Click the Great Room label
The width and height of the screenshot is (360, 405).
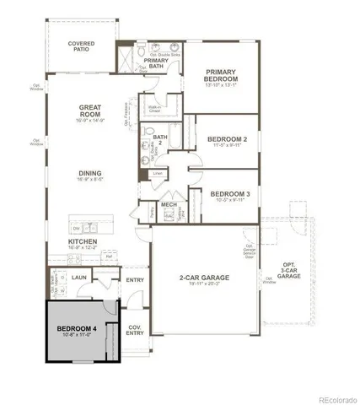[x=90, y=110]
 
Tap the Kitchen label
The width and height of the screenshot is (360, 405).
[x=83, y=242]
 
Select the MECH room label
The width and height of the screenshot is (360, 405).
[x=169, y=205]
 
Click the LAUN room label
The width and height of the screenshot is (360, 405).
[x=79, y=277]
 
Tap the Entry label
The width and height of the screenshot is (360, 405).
[x=135, y=280]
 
